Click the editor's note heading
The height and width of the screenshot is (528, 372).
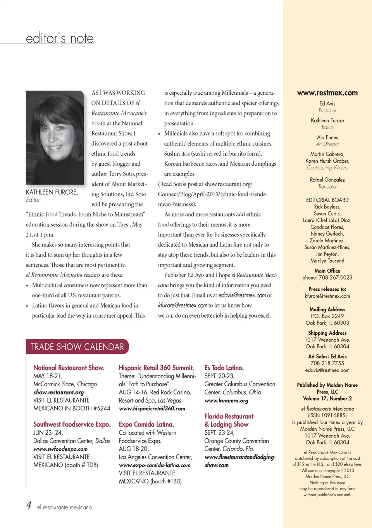pyautogui.click(x=60, y=38)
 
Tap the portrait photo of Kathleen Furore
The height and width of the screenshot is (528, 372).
pyautogui.click(x=55, y=137)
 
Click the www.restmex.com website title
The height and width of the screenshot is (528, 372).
pyautogui.click(x=327, y=93)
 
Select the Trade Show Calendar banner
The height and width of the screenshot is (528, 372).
pyautogui.click(x=77, y=347)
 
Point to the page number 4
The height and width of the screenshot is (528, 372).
pyautogui.click(x=29, y=505)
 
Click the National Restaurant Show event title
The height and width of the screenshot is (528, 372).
pyautogui.click(x=69, y=368)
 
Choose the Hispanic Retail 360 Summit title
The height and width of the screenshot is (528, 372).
pyautogui.click(x=156, y=368)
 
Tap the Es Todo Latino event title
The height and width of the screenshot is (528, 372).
pyautogui.click(x=224, y=368)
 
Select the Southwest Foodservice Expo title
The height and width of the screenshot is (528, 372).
pyautogui.click(x=72, y=424)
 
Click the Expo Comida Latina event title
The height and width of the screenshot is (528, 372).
pyautogui.click(x=146, y=424)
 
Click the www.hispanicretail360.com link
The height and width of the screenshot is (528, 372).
pyautogui.click(x=152, y=408)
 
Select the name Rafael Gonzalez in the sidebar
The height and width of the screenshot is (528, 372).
pyautogui.click(x=327, y=180)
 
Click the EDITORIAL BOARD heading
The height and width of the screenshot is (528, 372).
pyautogui.click(x=327, y=200)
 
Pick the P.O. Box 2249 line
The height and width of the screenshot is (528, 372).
pyautogui.click(x=327, y=316)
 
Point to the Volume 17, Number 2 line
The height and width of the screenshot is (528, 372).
pyautogui.click(x=327, y=398)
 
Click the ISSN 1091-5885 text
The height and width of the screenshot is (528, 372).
pyautogui.click(x=327, y=415)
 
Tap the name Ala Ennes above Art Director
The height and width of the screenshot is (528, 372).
pyautogui.click(x=327, y=137)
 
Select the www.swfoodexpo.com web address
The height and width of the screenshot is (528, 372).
pyautogui.click(x=60, y=449)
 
